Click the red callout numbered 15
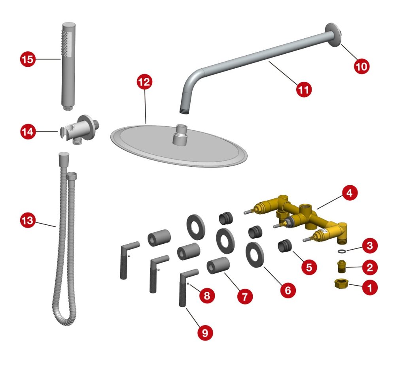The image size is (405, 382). tap(28, 59)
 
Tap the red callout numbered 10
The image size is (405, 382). tap(361, 66)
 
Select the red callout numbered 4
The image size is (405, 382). tap(350, 193)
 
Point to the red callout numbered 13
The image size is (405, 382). tap(28, 220)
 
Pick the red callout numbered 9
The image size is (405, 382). tap(205, 333)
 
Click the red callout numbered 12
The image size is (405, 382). tap(144, 82)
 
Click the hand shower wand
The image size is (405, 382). tap(68, 66)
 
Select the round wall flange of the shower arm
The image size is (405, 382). tap(333, 35)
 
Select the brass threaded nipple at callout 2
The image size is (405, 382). tap(342, 267)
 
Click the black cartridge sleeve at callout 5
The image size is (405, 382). tap(285, 246)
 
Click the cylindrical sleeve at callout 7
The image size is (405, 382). tap(218, 265)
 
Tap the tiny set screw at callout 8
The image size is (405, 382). tap(189, 284)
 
